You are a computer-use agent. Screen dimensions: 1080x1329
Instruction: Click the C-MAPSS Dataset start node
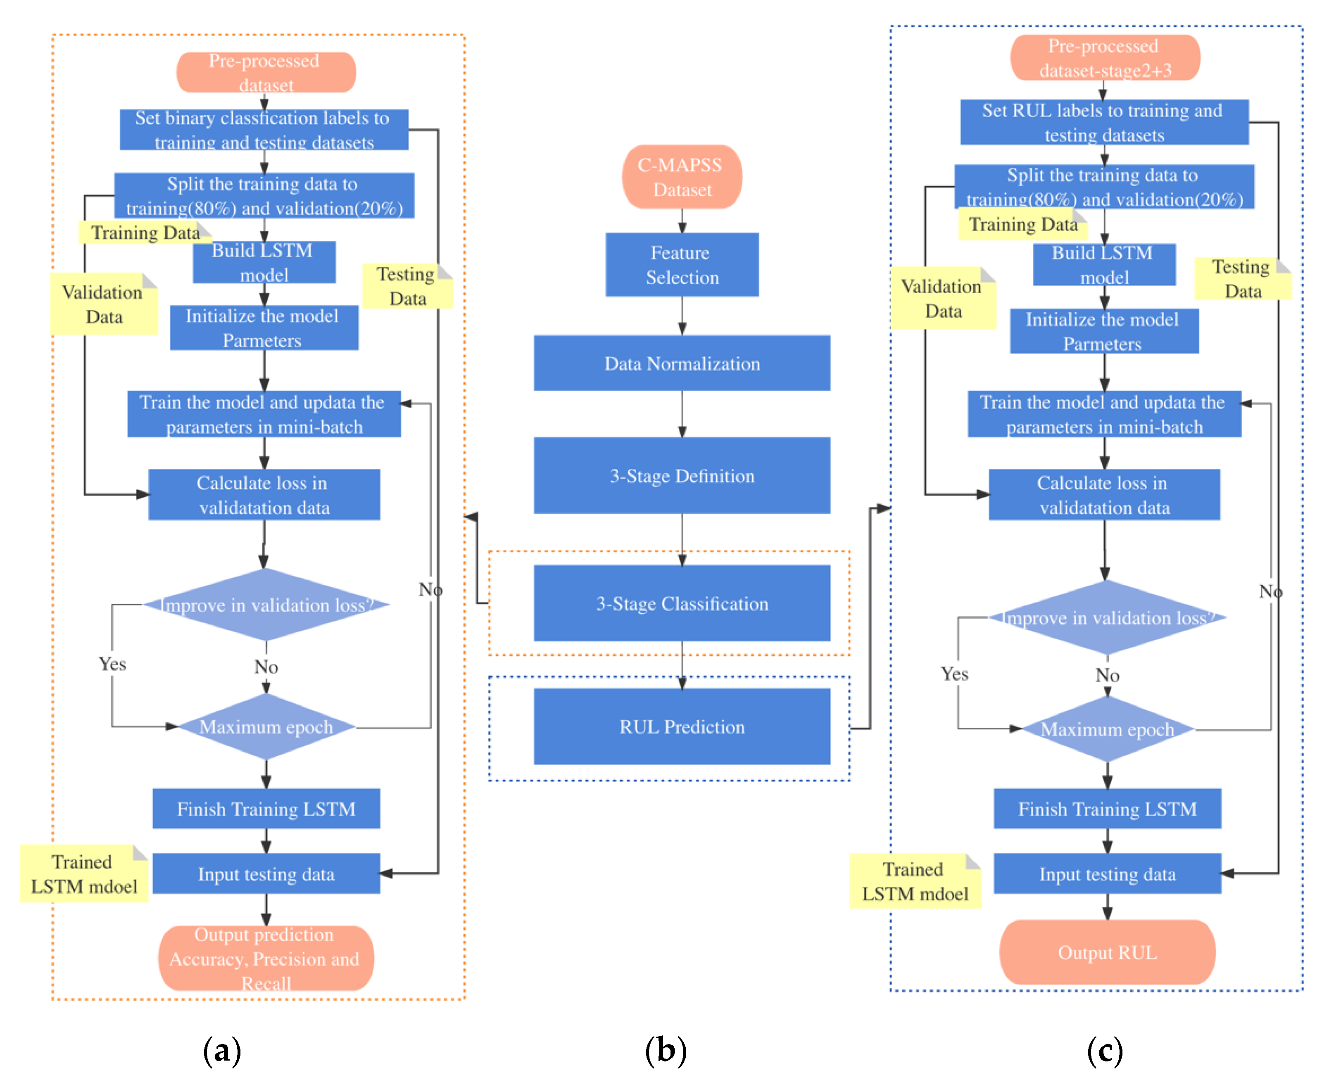click(x=682, y=177)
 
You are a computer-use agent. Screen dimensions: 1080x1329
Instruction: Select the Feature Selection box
click(x=682, y=265)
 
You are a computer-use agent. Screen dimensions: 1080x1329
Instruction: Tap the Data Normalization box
click(x=682, y=363)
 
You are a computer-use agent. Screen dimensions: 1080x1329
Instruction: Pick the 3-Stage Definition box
click(x=682, y=476)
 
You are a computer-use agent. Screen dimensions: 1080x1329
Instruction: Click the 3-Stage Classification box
click(x=682, y=603)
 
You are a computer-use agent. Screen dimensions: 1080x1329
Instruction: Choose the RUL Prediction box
click(x=682, y=726)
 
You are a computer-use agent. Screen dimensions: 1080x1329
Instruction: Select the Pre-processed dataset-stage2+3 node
click(x=1105, y=58)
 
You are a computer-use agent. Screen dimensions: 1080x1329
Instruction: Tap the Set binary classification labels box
click(x=264, y=129)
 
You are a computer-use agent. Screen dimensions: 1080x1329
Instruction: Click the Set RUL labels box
click(x=1104, y=123)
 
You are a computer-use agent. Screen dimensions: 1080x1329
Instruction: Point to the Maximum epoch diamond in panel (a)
click(x=266, y=726)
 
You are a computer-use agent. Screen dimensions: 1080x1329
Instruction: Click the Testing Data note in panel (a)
click(x=407, y=286)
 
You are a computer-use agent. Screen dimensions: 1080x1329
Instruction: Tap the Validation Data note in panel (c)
click(x=943, y=299)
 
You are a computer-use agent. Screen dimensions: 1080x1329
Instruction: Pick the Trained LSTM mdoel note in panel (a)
click(x=83, y=874)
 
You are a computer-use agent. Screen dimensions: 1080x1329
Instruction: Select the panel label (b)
click(x=666, y=1050)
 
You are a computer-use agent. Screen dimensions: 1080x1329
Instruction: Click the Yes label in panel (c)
click(x=954, y=674)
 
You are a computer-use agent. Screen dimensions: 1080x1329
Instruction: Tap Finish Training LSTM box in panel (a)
click(x=266, y=809)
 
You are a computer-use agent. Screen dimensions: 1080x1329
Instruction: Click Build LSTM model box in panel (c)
click(x=1104, y=265)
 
